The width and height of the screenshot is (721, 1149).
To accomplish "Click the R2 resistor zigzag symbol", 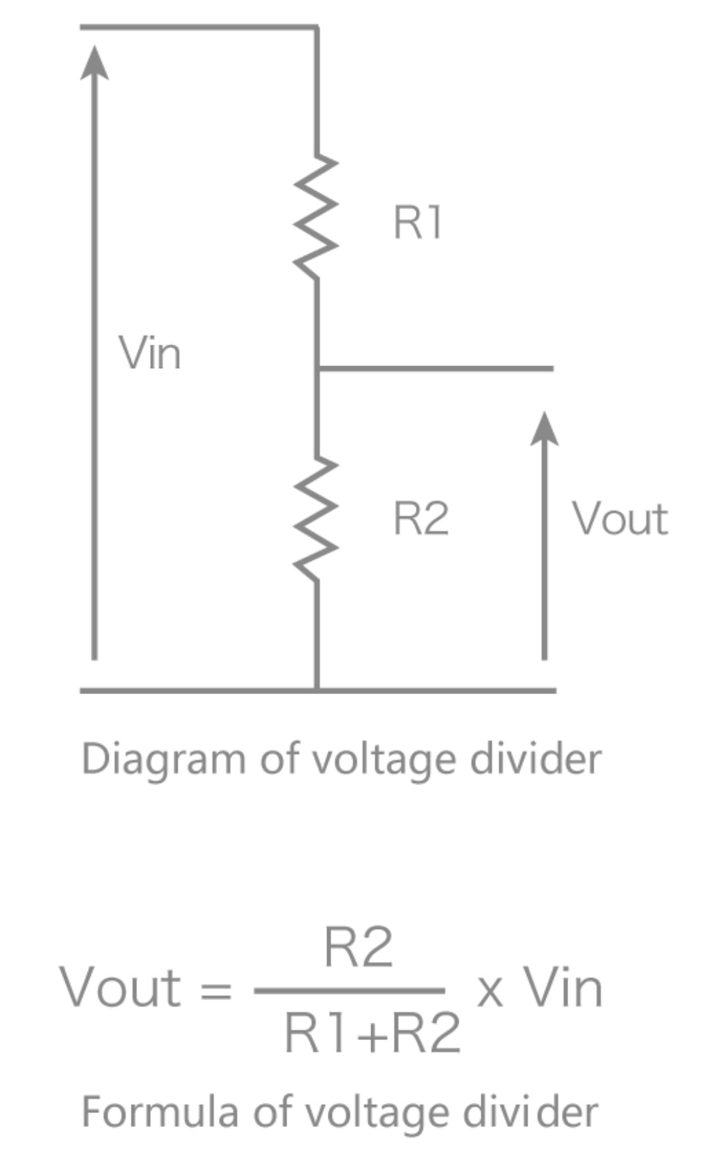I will (x=316, y=518).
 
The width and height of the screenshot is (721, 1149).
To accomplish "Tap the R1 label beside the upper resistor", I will (x=418, y=222).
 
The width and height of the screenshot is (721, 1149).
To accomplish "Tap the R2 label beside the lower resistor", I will (x=421, y=518).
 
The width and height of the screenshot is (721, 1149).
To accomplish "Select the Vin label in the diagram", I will (x=150, y=353).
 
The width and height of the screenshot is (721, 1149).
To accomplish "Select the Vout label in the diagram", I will (x=620, y=518).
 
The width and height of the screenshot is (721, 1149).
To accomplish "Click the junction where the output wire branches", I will (x=317, y=368).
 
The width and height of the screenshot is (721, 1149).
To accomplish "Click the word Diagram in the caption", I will (x=163, y=759).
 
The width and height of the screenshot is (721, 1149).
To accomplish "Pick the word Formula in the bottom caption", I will (x=160, y=1112).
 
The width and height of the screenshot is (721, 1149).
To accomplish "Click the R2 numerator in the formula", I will (x=358, y=947).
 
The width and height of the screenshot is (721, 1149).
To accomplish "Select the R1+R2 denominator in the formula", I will (x=372, y=1033).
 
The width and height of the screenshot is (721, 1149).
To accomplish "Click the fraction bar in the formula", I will (x=349, y=991).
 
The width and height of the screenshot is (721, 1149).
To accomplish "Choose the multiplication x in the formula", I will (x=489, y=991).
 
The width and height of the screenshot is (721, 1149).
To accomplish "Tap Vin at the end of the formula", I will (x=562, y=987).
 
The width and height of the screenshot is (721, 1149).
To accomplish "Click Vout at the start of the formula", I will (x=120, y=987).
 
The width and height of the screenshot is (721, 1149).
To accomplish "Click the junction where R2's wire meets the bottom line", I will (x=317, y=690).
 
